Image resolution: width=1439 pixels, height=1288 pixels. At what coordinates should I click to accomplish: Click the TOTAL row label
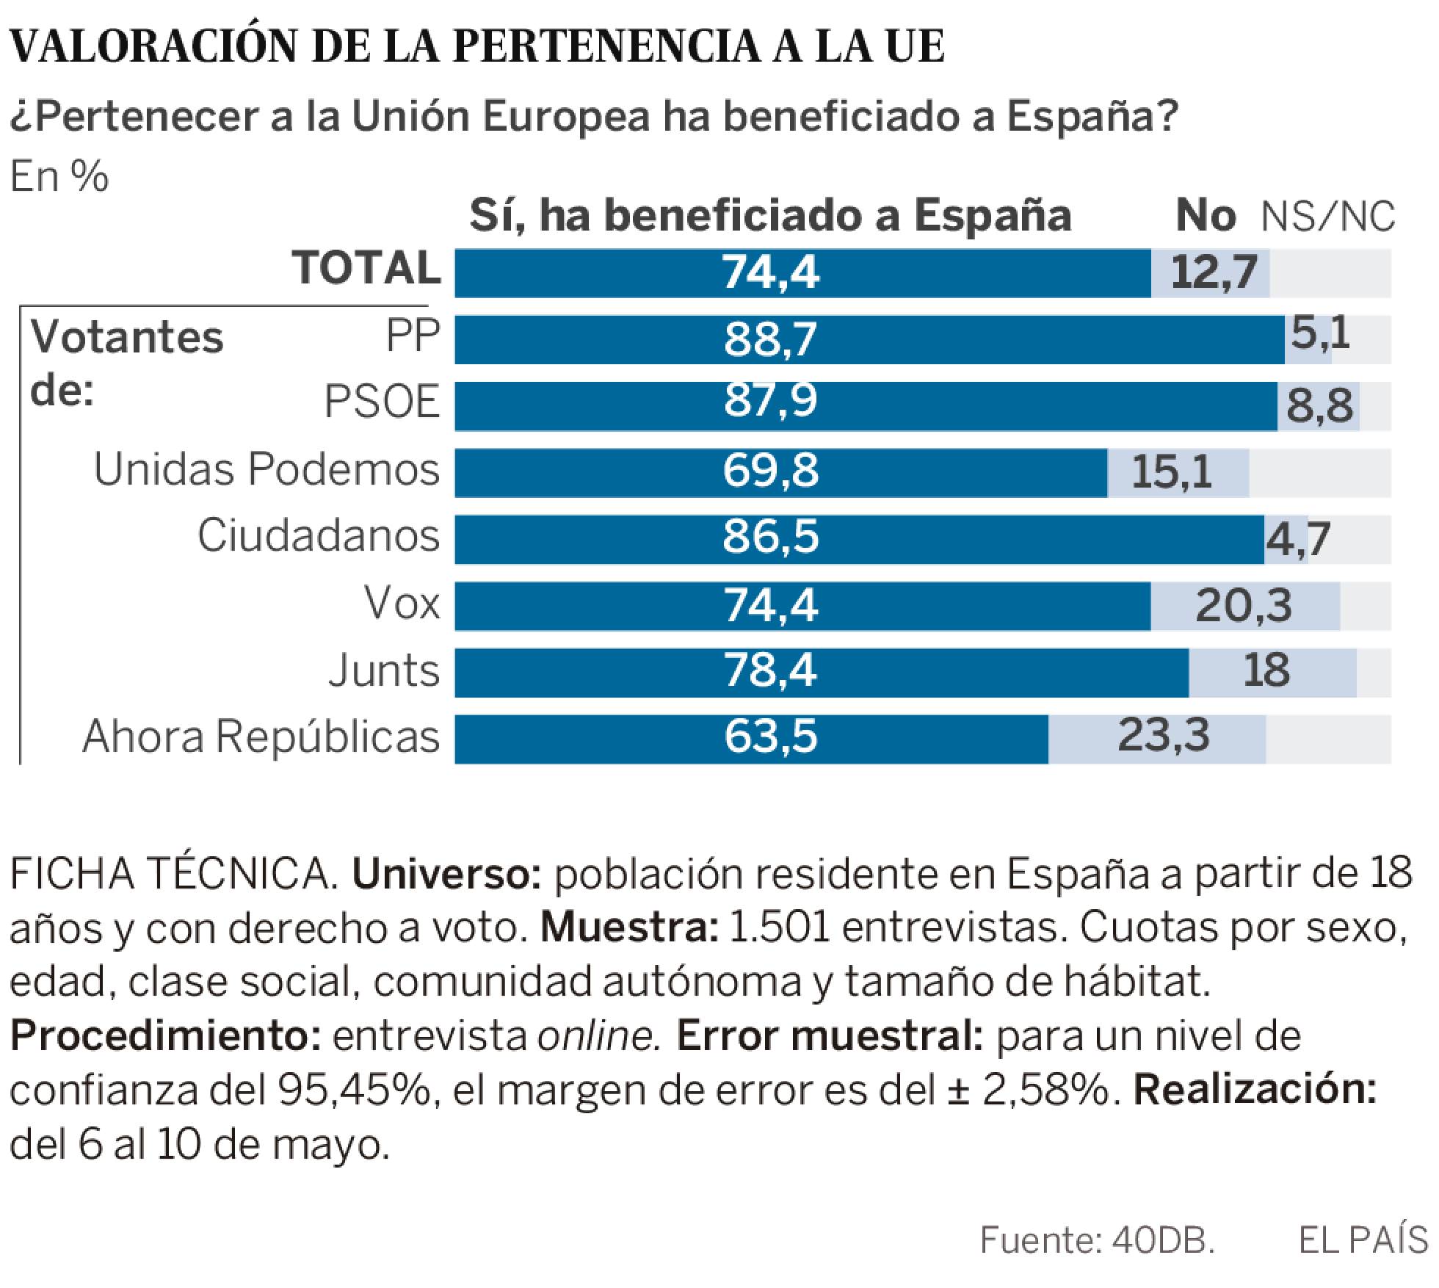pos(366,268)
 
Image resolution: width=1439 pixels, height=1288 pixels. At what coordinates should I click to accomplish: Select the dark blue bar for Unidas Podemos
pos(780,472)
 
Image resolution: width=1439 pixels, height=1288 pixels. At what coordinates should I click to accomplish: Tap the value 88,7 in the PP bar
pos(770,340)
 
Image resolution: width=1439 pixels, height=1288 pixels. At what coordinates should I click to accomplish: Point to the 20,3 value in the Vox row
pos(1243,607)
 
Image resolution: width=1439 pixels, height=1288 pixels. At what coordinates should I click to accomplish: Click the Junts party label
pos(384,671)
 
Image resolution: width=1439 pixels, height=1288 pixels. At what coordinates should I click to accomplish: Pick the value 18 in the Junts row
pos(1266,671)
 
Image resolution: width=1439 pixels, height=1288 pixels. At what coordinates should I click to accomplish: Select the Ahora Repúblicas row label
pos(261,737)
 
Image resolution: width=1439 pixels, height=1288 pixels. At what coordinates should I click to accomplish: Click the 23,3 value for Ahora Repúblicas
pos(1163,736)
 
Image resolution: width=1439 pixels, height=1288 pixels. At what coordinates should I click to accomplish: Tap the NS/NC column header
pos(1327,217)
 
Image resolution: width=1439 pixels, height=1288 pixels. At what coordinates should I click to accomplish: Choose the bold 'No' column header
pos(1206,216)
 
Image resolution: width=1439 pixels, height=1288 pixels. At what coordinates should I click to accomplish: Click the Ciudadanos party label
pos(319,536)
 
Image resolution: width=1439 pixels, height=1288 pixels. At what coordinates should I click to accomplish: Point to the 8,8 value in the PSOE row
pos(1319,406)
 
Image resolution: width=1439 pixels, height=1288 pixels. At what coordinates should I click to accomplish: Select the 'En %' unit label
pos(59,177)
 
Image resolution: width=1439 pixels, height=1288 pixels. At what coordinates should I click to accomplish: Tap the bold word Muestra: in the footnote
pos(629,929)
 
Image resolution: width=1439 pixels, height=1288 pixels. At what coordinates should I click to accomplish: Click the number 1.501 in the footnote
pos(778,929)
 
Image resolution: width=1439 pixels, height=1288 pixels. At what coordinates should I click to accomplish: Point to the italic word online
pos(595,1036)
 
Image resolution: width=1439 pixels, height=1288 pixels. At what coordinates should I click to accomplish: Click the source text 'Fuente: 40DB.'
pos(1098,1240)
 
